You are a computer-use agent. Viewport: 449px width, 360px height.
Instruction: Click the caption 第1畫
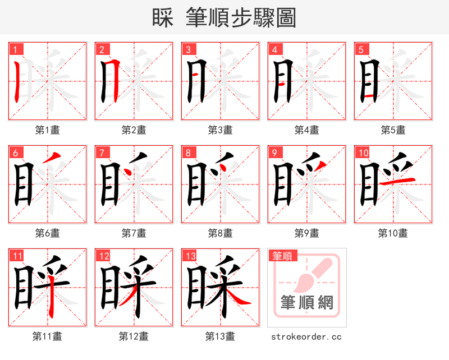[x=48, y=130]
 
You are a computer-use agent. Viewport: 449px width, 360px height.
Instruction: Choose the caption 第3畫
[x=221, y=130]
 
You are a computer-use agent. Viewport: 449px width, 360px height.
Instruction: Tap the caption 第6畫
[x=48, y=233]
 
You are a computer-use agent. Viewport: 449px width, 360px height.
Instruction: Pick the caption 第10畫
[x=393, y=233]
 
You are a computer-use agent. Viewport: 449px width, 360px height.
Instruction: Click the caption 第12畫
[x=134, y=336]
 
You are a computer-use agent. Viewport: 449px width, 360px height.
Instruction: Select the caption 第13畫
[x=220, y=336]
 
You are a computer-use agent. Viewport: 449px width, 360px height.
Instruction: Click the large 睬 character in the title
[x=163, y=18]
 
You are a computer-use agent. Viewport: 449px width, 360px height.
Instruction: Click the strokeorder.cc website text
[x=306, y=336]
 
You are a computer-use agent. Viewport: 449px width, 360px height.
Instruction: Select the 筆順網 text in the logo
[x=307, y=303]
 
